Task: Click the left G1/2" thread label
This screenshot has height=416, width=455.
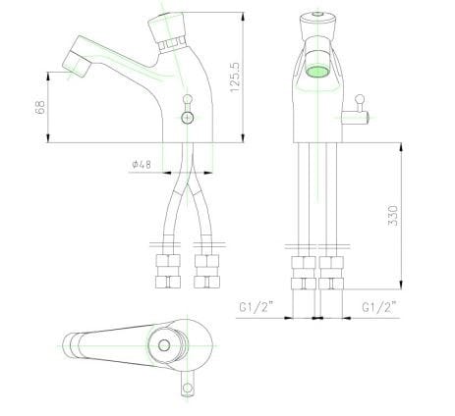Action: pyautogui.click(x=256, y=307)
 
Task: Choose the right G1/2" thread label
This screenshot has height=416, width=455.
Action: pyautogui.click(x=378, y=307)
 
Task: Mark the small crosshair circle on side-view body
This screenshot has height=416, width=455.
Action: pyautogui.click(x=189, y=118)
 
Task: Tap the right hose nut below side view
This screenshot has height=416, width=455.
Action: pyautogui.click(x=207, y=272)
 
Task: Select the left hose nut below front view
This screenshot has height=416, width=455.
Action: pyautogui.click(x=303, y=272)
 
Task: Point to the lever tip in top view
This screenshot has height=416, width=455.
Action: pyautogui.click(x=185, y=390)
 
